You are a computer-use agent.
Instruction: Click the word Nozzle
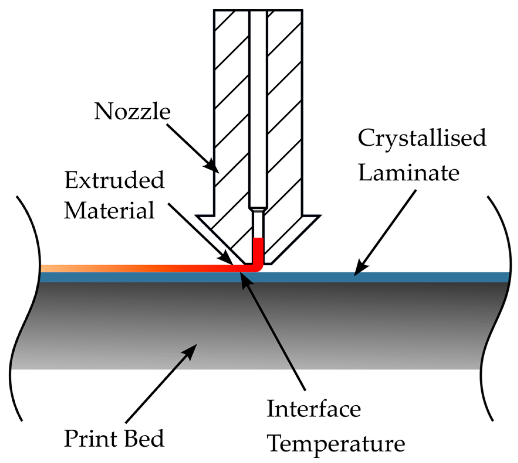tap(132, 112)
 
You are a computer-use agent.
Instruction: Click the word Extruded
tap(114, 180)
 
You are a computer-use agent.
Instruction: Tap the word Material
tap(109, 210)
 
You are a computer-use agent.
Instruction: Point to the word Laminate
tap(409, 173)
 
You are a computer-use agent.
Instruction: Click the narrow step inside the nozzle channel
tap(258, 209)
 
